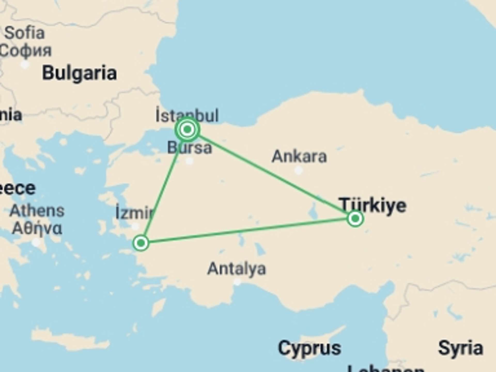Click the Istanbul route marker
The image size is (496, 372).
187,129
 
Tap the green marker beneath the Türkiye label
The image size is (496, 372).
355,219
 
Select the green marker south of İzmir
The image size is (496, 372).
141,243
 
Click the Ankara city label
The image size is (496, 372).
299,157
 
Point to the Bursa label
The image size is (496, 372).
190,148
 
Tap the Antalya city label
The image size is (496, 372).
237,269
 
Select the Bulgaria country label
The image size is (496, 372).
79,73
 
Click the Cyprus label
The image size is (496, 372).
309,348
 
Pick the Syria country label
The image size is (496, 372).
461,348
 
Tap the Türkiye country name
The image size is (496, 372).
373,206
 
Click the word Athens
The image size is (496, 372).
37,211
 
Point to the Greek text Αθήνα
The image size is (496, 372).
37,228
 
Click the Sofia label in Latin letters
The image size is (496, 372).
25,33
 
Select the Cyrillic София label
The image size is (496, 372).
26,50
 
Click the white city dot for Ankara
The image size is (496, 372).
299,171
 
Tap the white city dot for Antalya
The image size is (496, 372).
237,282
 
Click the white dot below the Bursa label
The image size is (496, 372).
190,161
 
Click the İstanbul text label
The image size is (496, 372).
187,115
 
